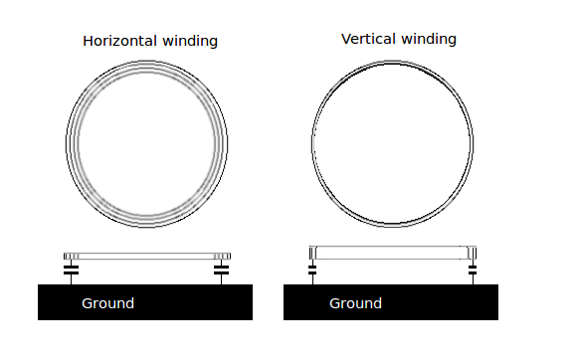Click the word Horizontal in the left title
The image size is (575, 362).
[x=120, y=41]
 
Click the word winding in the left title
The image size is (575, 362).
[x=190, y=41]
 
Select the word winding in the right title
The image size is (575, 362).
[x=429, y=39]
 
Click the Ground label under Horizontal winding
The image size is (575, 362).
[x=107, y=303]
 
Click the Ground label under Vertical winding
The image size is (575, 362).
[x=355, y=303]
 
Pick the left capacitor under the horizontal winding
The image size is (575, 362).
[x=71, y=271]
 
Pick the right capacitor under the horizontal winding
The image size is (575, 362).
[x=221, y=271]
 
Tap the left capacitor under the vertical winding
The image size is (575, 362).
[x=312, y=271]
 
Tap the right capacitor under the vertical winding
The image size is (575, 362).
[x=473, y=271]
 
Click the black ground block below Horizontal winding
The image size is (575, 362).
[x=145, y=302]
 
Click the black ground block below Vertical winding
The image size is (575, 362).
[x=391, y=302]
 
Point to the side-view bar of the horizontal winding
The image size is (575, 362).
[x=147, y=257]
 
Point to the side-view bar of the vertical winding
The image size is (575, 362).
[x=393, y=253]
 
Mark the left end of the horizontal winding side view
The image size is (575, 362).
[x=65, y=257]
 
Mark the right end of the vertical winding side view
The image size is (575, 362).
[x=476, y=253]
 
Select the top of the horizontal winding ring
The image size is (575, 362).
[x=146, y=62]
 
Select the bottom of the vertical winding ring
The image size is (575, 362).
[x=392, y=225]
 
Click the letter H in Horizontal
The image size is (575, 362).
[x=88, y=41]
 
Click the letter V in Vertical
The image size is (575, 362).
[x=346, y=39]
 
